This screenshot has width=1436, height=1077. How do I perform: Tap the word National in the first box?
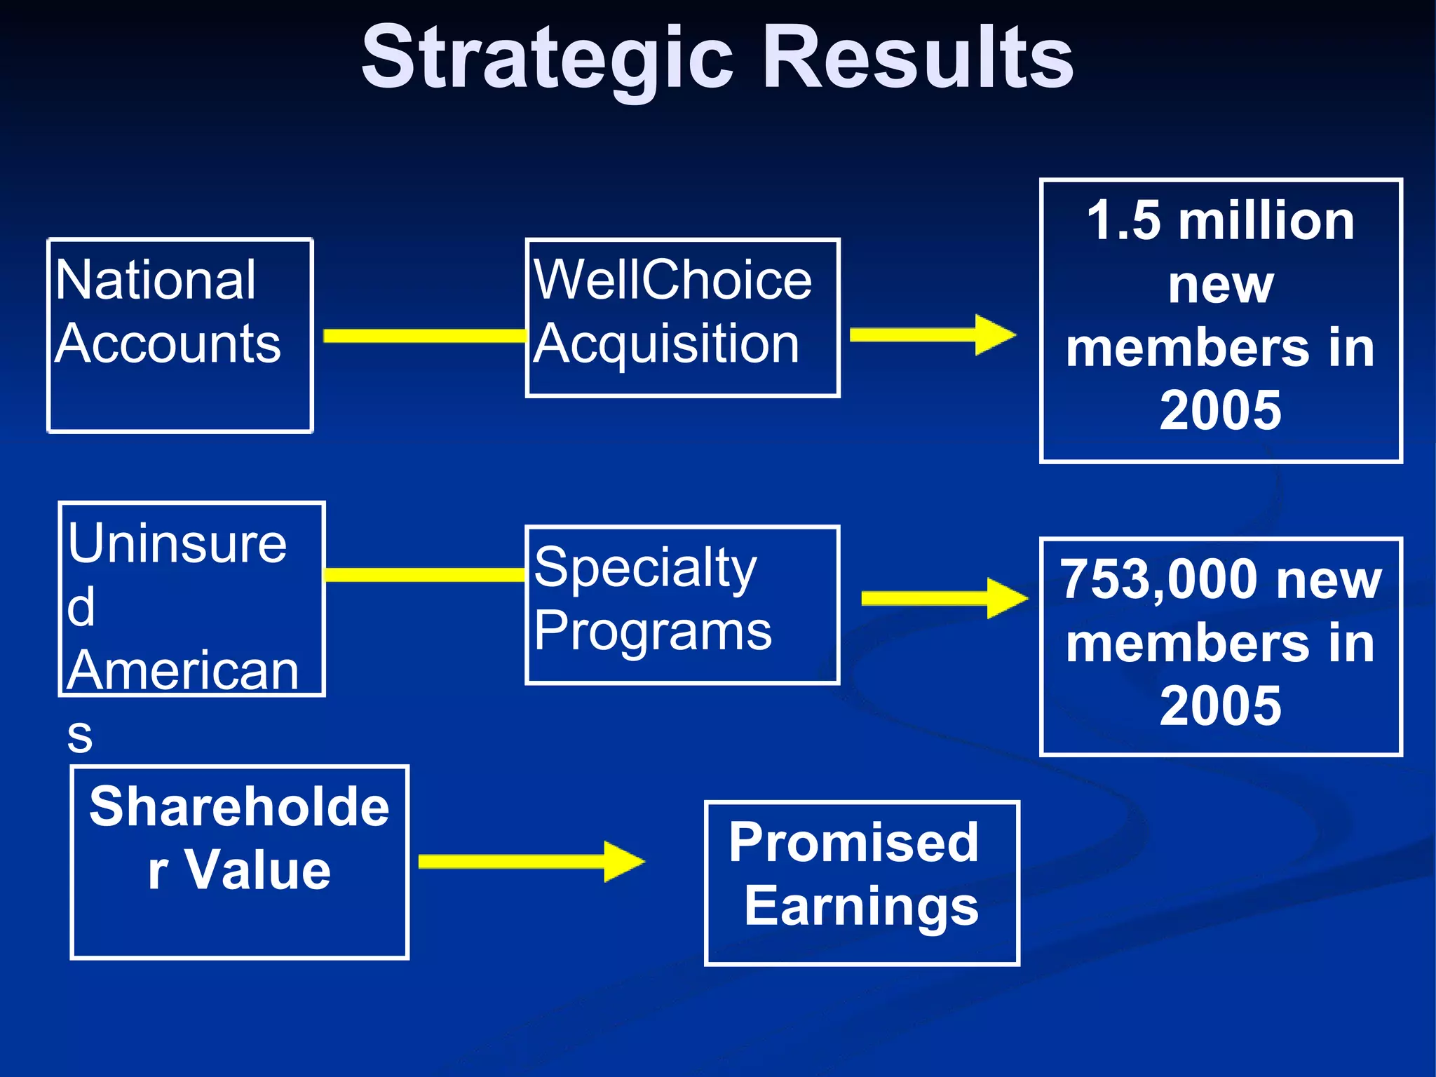(156, 280)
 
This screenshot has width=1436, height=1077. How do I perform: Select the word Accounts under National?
(168, 344)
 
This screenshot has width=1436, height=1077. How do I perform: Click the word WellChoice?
(672, 280)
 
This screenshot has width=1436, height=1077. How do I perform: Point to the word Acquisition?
(666, 344)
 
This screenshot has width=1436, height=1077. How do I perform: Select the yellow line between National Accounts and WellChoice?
(424, 336)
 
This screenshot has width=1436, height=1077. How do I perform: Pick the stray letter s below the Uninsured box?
(80, 736)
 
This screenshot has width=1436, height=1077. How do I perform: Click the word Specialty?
(645, 568)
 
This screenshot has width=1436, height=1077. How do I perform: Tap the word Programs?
(653, 631)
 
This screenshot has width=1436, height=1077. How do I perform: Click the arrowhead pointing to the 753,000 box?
(1007, 598)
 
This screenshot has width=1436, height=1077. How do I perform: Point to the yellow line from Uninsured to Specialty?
(424, 575)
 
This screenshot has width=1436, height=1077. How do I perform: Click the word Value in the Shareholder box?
(257, 870)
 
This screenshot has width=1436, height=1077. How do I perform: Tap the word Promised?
(853, 842)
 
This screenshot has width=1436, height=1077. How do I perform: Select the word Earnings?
(861, 906)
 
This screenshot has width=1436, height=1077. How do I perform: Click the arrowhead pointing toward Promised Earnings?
(623, 861)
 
